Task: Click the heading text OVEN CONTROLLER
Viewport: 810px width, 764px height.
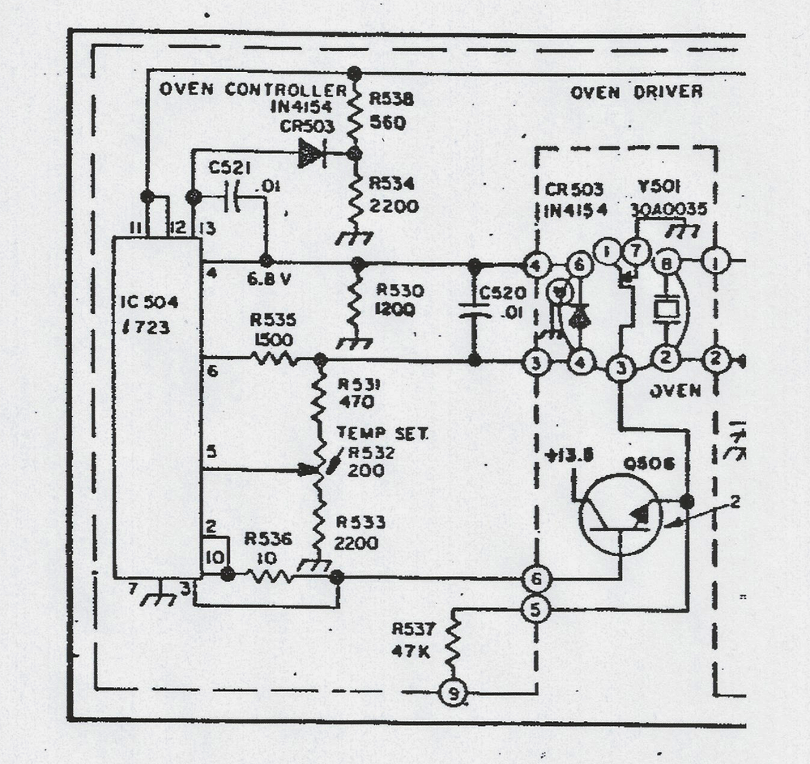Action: pos(253,89)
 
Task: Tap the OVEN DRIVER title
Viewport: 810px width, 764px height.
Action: pos(636,91)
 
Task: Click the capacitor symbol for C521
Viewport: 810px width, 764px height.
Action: pos(232,197)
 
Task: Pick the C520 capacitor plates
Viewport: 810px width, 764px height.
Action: pos(475,311)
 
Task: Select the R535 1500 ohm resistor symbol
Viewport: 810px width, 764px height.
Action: pos(275,359)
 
